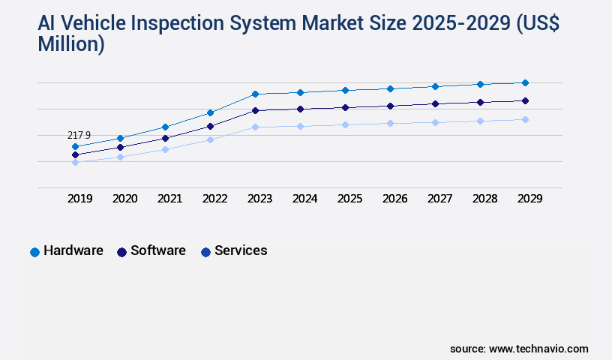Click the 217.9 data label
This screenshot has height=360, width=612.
coord(79,136)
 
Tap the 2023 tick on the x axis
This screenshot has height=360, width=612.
coord(259,199)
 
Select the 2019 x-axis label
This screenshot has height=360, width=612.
coord(80,199)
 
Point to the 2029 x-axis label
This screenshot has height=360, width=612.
coord(529,199)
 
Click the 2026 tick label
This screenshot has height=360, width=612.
coord(394,199)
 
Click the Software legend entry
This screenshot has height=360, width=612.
coord(151,251)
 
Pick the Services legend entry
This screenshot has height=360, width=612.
coord(233,251)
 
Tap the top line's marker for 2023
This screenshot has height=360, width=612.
coord(255,94)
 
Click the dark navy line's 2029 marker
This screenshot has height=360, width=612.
coord(525,100)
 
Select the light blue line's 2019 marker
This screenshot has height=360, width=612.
coord(75,162)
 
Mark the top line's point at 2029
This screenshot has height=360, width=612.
coord(525,82)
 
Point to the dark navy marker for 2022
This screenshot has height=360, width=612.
coord(210,126)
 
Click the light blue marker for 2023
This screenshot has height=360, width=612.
coord(255,127)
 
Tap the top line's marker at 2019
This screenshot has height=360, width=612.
coord(75,146)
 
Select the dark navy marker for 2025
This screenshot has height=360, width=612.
coord(345,107)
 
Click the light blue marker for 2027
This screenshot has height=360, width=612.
coord(435,122)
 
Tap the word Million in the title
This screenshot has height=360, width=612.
coord(71,44)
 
